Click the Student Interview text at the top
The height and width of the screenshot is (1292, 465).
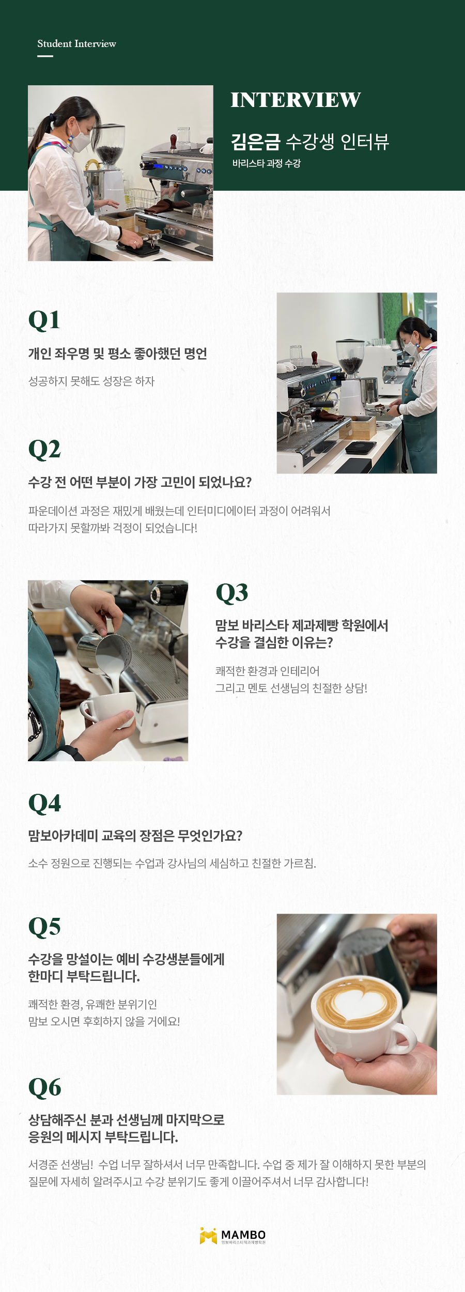tap(76, 44)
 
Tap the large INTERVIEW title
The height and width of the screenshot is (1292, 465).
tap(296, 100)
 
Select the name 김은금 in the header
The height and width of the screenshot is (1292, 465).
tap(255, 142)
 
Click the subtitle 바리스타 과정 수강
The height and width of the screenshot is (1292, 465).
tap(266, 163)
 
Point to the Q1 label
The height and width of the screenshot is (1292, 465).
tap(44, 320)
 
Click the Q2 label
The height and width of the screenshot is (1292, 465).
tap(44, 449)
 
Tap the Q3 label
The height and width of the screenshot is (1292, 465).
tap(232, 592)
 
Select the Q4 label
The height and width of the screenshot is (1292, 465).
tap(44, 803)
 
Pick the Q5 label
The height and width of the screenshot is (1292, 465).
tap(44, 927)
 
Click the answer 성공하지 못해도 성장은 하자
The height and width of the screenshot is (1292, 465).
tap(91, 381)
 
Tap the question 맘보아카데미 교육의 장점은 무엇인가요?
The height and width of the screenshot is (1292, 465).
tap(135, 836)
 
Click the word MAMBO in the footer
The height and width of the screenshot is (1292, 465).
tap(243, 1234)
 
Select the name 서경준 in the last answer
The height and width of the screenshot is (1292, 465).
tap(44, 1165)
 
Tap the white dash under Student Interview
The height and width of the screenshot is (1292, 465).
tap(45, 56)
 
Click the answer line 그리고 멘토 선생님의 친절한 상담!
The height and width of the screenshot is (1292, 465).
tap(291, 688)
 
